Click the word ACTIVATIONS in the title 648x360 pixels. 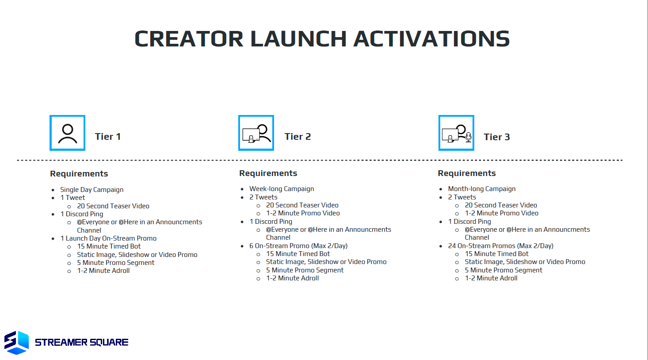[x=431, y=39]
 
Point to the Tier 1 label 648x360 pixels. [x=107, y=137]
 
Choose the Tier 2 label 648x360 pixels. [x=297, y=137]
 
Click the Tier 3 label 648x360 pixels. [x=497, y=137]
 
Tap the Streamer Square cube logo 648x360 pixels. [x=16, y=343]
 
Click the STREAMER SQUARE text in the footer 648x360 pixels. [x=82, y=342]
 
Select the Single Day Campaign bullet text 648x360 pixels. [x=91, y=190]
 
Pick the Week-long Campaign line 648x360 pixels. [x=282, y=189]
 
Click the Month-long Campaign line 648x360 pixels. [x=482, y=189]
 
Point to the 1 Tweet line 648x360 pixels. [x=72, y=198]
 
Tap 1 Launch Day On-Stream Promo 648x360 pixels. [x=108, y=238]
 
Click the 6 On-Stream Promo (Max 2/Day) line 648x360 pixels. [x=298, y=246]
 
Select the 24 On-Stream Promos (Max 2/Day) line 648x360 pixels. [x=500, y=246]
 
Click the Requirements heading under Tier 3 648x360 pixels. [x=467, y=173]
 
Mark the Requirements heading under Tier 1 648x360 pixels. [x=79, y=174]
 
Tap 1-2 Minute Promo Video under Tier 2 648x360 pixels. [x=303, y=213]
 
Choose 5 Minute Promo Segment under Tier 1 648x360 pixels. [x=116, y=263]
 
